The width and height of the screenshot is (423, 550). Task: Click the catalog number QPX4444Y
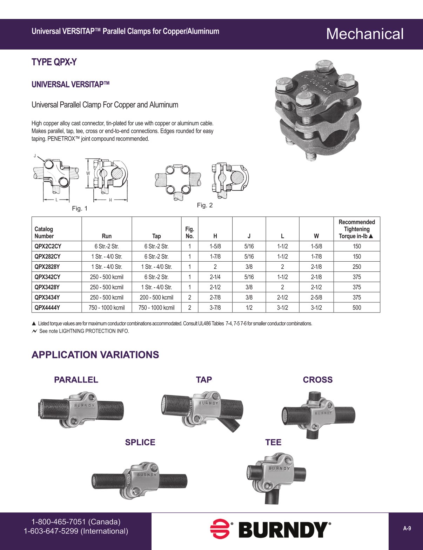[x=47, y=308]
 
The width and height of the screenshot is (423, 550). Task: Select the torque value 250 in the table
[x=357, y=267]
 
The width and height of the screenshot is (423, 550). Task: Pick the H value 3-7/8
[x=215, y=308]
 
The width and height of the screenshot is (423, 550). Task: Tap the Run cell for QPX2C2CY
[x=107, y=246]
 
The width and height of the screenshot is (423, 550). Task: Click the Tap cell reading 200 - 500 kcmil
[x=156, y=297]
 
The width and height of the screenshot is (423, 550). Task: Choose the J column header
[x=249, y=236]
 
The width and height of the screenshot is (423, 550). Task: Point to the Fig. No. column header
[x=189, y=233]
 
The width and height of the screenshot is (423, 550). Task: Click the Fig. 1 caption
[x=80, y=208]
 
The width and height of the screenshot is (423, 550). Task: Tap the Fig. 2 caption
[x=205, y=205]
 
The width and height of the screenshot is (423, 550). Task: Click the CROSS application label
[x=318, y=380]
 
